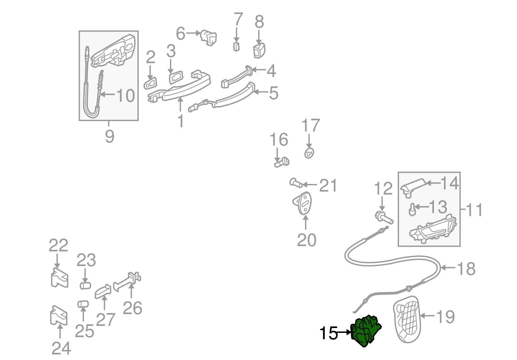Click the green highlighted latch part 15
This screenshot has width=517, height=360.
pyautogui.click(x=366, y=331)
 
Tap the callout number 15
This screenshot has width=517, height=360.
pyautogui.click(x=328, y=333)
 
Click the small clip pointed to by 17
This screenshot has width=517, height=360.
pyautogui.click(x=309, y=153)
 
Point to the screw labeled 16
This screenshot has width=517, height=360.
pyautogui.click(x=282, y=162)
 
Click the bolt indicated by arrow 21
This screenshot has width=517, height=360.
pyautogui.click(x=296, y=183)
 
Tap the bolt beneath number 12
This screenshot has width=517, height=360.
pyautogui.click(x=384, y=218)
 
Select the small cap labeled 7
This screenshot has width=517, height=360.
pyautogui.click(x=237, y=46)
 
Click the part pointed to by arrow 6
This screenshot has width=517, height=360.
pyautogui.click(x=209, y=37)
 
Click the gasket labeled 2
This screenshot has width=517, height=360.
pyautogui.click(x=150, y=83)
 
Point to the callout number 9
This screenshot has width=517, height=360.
pyautogui.click(x=110, y=136)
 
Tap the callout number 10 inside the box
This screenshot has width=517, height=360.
pyautogui.click(x=125, y=96)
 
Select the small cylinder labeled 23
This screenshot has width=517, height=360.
pyautogui.click(x=85, y=285)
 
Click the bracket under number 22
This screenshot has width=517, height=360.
pyautogui.click(x=59, y=278)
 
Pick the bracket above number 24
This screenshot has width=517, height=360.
pyautogui.click(x=58, y=315)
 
